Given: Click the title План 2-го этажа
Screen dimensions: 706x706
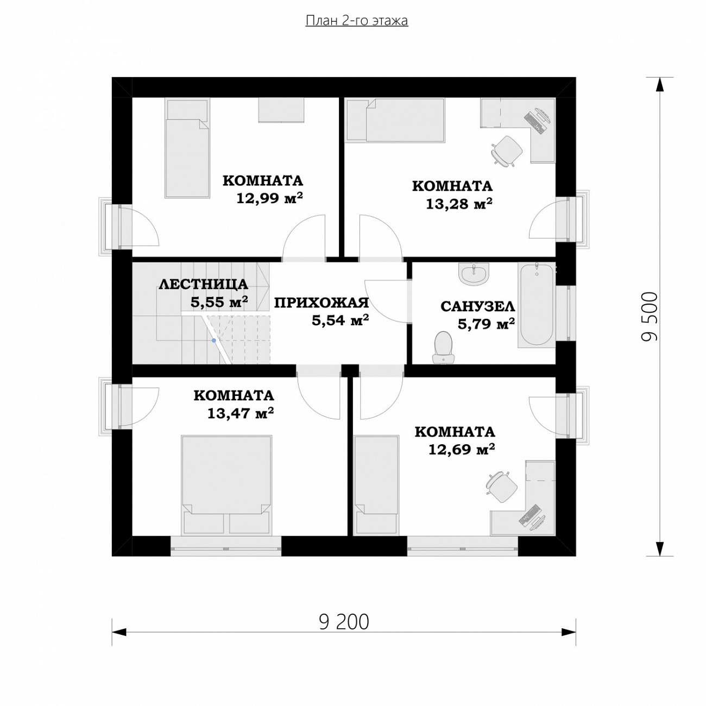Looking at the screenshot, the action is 356,21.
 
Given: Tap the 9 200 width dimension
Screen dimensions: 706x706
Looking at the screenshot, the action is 344,622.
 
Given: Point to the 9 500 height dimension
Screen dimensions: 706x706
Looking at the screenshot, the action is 649,317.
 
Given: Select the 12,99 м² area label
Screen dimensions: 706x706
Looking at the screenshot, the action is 269,199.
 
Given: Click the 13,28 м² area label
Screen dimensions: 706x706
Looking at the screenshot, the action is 459,204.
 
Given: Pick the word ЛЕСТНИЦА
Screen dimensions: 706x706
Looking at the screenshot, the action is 203,285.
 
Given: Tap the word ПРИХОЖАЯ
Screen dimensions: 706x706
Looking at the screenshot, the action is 322,303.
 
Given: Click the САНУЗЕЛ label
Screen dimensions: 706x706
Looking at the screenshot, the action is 477,306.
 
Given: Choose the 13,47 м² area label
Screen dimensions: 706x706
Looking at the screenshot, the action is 241,413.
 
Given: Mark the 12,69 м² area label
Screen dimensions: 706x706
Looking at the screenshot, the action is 462,449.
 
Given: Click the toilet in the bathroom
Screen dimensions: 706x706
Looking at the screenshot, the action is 443,348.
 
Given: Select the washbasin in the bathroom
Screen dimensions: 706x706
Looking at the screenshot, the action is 474,274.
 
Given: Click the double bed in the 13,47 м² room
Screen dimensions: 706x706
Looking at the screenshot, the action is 227,486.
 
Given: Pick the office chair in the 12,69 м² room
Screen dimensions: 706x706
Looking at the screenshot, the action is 501,487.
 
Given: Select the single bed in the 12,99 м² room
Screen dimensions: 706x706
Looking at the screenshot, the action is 187,148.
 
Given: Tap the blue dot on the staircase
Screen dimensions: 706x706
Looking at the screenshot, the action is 213,341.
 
